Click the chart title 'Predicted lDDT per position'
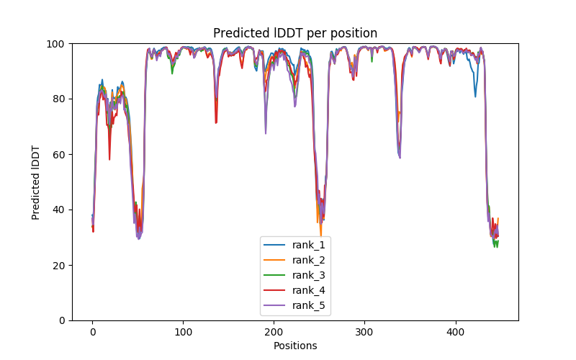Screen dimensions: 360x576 click(x=295, y=33)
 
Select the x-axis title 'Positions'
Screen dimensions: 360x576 click(x=295, y=346)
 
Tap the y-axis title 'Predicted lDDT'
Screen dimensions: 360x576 click(x=37, y=181)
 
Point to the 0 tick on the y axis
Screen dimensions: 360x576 click(x=63, y=320)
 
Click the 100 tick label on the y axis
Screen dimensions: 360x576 click(x=58, y=43)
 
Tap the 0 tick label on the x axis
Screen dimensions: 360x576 click(x=92, y=333)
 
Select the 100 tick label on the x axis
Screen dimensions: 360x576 click(x=183, y=333)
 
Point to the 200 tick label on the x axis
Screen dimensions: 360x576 click(x=274, y=333)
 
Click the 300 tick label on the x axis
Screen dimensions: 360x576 click(x=364, y=333)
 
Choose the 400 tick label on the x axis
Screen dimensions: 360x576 click(x=455, y=333)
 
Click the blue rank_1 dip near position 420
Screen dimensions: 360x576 click(x=475, y=96)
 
